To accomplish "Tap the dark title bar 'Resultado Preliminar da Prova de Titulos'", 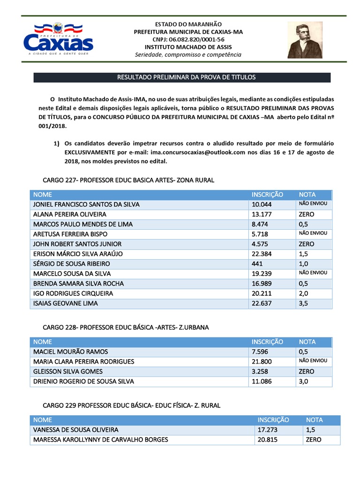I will pos(186,77).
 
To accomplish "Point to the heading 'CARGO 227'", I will pos(128,180).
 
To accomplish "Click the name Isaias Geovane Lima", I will pos(66,303).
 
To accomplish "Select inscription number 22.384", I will pos(262,254).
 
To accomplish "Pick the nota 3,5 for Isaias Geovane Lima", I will pos(304,303).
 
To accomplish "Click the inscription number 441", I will pos(257,263).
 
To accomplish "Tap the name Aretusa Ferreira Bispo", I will pos(70,234).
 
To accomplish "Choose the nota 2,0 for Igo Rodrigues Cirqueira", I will pos(304,293).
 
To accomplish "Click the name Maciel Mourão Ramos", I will pos(71,352).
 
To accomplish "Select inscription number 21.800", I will pos(262,361).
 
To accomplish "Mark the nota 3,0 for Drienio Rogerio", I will pos(304,381).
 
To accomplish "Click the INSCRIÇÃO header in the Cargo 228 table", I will pos(267,342).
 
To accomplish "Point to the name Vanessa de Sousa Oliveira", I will pos(75,430).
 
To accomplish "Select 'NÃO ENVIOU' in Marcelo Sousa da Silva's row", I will pos(313,273).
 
